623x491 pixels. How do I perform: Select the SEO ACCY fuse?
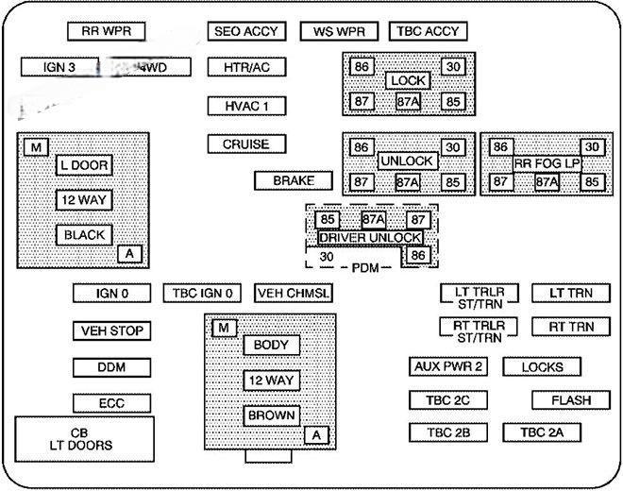click(x=246, y=31)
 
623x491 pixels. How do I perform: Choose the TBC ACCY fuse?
click(x=428, y=31)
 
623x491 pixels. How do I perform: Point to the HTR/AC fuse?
click(x=246, y=68)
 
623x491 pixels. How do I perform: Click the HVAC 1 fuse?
click(x=246, y=106)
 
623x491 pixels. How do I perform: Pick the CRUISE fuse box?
click(x=246, y=144)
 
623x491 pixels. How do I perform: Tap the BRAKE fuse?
click(x=294, y=180)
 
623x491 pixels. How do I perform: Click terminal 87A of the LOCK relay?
click(x=408, y=101)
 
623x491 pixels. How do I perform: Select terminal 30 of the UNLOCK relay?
click(x=453, y=147)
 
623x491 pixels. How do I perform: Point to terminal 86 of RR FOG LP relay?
click(x=500, y=147)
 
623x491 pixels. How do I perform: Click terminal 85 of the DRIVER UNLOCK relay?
click(x=328, y=220)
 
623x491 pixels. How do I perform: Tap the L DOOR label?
click(x=84, y=165)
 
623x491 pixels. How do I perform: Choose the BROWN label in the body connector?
click(x=272, y=415)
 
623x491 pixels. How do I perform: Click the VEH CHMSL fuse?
click(x=294, y=294)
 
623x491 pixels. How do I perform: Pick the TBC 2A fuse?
click(x=542, y=432)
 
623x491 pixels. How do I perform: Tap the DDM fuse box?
click(x=111, y=367)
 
